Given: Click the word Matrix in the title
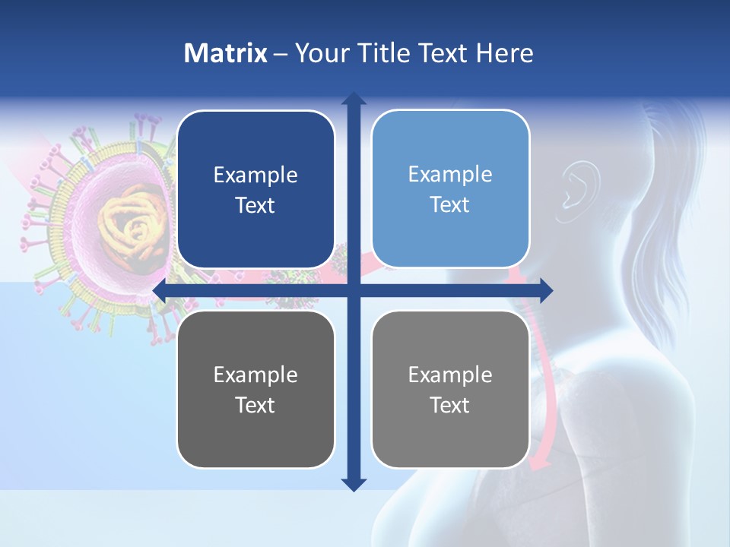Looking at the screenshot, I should click(x=226, y=53).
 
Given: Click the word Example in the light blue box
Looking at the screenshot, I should click(x=450, y=174).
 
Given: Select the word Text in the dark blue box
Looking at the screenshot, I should click(x=255, y=206).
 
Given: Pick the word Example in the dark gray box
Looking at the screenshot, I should click(x=255, y=375).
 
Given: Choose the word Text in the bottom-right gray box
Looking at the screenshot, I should click(x=450, y=406).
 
